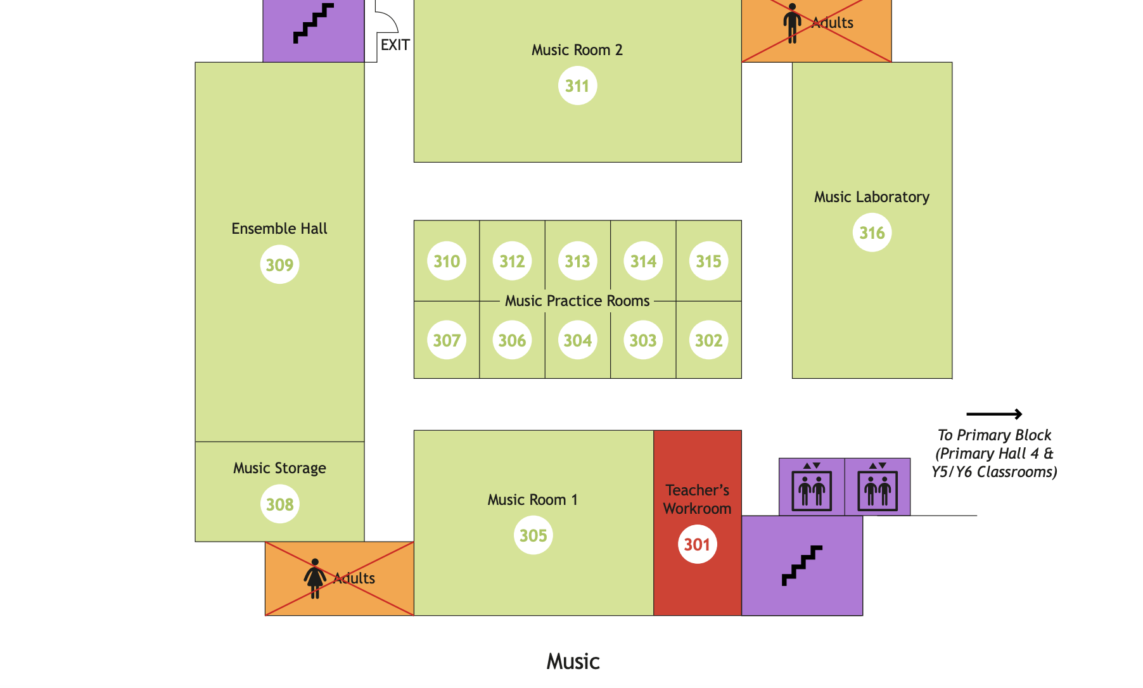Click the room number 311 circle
(x=577, y=86)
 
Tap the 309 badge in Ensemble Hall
(x=279, y=265)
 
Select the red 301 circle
(x=697, y=544)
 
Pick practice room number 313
(x=577, y=261)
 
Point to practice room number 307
(x=447, y=340)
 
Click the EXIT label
(x=395, y=45)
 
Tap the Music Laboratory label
(x=871, y=197)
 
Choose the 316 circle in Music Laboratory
(x=872, y=233)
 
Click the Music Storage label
(x=279, y=468)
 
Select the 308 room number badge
(x=279, y=504)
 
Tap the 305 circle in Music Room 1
(x=533, y=535)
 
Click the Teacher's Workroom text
(x=697, y=499)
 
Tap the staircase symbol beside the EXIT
(x=313, y=23)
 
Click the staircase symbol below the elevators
(x=801, y=565)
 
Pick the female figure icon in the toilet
(x=315, y=578)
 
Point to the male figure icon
(x=791, y=23)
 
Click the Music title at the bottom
(x=573, y=661)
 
